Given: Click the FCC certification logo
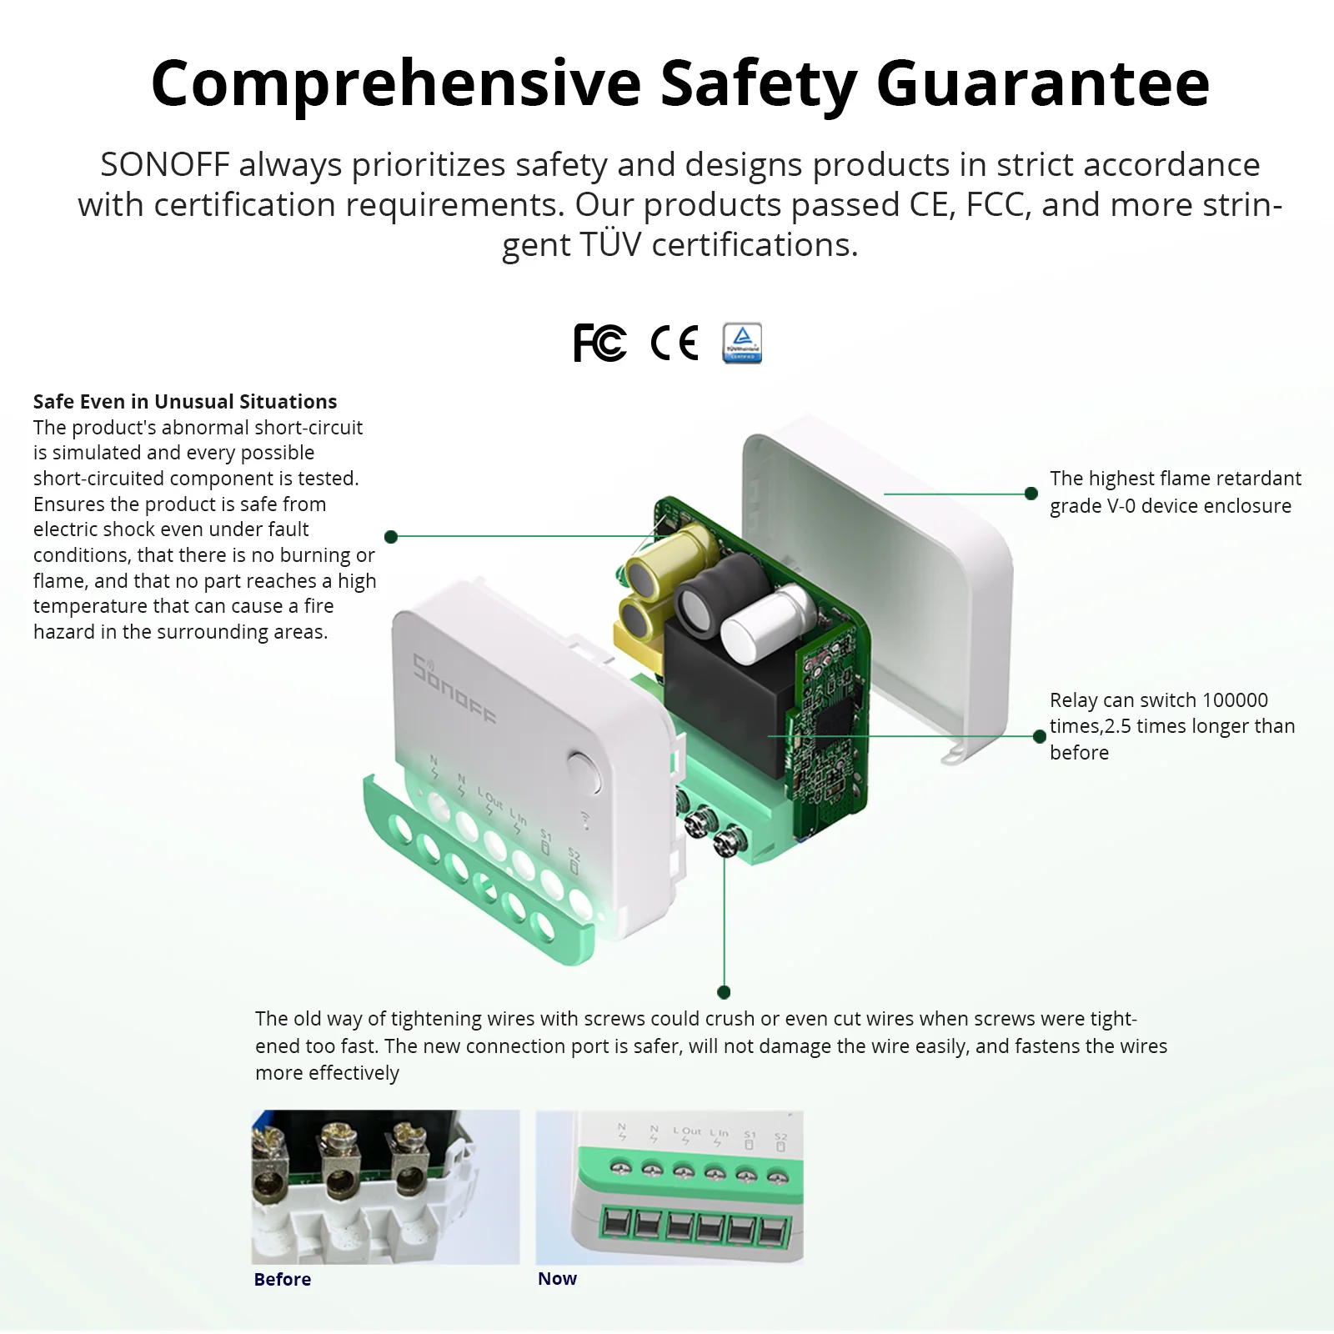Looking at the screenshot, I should coord(599,343).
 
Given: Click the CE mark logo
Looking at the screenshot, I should coord(674,343).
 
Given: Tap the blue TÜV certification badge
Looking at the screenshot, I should coord(742,343).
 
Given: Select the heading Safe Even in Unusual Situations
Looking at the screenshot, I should coord(185,401).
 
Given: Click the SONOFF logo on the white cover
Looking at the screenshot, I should coord(454,690).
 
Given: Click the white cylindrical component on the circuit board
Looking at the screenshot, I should coord(765,624).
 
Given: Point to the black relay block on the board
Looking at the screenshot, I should coord(717,700).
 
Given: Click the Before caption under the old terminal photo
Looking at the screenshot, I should coord(283,1279).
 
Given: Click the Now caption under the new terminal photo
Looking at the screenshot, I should coord(557,1278).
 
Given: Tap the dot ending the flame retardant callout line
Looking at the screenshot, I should coord(1031,494).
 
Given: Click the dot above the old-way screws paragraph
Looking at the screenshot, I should coord(724,992).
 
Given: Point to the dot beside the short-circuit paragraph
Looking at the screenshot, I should coord(391,536).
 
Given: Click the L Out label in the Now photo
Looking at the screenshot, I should coord(687,1131).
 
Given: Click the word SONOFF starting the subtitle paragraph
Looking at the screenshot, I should coord(164,164).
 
